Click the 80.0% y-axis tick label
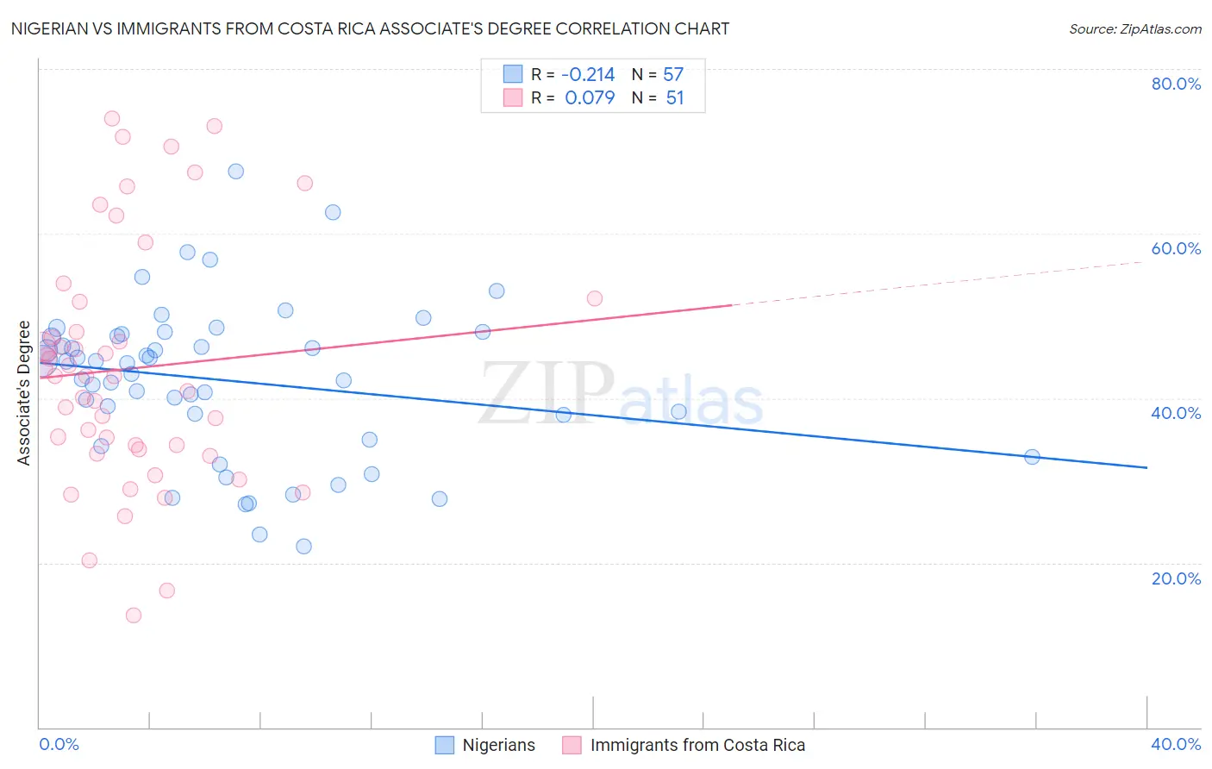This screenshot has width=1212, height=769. [x=1176, y=84]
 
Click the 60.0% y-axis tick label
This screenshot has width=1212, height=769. [x=1176, y=248]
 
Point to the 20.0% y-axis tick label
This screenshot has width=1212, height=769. [x=1176, y=578]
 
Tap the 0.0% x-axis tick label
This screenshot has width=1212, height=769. [x=59, y=744]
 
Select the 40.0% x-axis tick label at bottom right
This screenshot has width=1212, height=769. [x=1176, y=744]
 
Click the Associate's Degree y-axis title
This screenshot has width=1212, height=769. [x=24, y=393]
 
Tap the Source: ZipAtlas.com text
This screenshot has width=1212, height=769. [x=1134, y=29]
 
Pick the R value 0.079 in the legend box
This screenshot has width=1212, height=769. [x=590, y=98]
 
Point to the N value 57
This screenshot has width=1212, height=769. [x=673, y=75]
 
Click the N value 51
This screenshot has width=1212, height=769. [x=675, y=98]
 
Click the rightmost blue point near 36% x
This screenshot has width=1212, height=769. [x=1032, y=457]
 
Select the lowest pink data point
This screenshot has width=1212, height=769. [x=134, y=616]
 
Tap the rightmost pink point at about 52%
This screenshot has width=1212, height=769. [x=595, y=298]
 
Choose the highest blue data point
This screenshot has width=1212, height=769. [x=235, y=172]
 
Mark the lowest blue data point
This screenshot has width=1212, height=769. [x=303, y=547]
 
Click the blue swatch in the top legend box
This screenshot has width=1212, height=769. [x=513, y=74]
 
